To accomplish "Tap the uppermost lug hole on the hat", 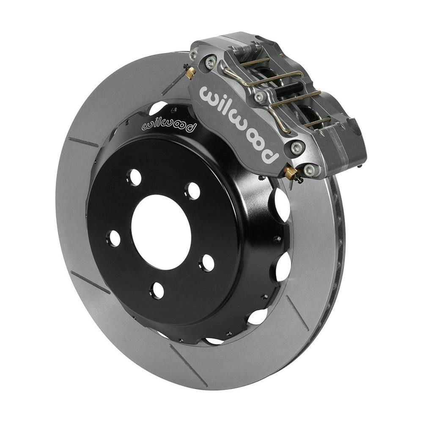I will pos(135,177).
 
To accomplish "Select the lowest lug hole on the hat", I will pos(157,290).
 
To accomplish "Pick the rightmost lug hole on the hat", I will pos(207,263).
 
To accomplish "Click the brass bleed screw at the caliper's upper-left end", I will pos(190,73).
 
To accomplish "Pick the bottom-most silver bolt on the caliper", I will pos(310,170).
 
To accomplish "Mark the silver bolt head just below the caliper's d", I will pos(298,148).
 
